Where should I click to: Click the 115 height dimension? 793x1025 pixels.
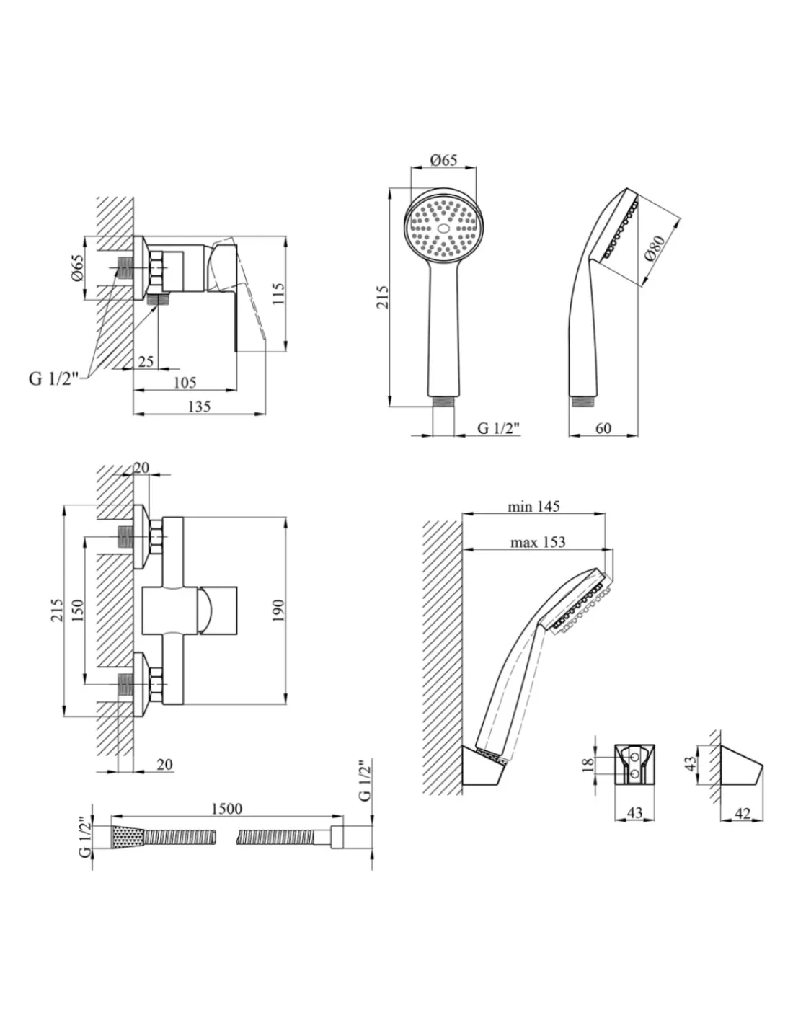pyautogui.click(x=279, y=293)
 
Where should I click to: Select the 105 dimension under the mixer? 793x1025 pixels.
pyautogui.click(x=185, y=382)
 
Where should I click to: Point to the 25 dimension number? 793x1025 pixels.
pyautogui.click(x=146, y=361)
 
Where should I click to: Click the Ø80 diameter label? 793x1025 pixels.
pyautogui.click(x=655, y=247)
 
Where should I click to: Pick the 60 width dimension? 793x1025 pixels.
pyautogui.click(x=603, y=428)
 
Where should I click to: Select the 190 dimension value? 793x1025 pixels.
pyautogui.click(x=279, y=611)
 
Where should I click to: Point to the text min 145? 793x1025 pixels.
pyautogui.click(x=533, y=507)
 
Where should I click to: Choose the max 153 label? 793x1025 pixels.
pyautogui.click(x=538, y=542)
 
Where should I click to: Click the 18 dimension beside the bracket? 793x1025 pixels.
pyautogui.click(x=588, y=765)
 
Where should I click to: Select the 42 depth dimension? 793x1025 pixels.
pyautogui.click(x=743, y=813)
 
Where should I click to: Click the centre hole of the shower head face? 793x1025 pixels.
pyautogui.click(x=443, y=228)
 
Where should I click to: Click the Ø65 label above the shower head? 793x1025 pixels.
pyautogui.click(x=444, y=159)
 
